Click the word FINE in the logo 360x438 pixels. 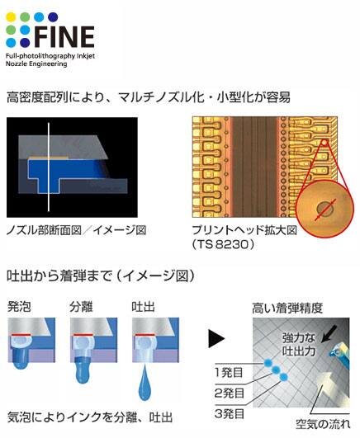(64, 36)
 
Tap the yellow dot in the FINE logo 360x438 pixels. (11, 17)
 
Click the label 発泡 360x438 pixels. (19, 307)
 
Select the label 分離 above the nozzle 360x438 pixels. (81, 307)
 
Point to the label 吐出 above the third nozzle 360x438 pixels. (143, 307)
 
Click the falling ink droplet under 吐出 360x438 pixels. (144, 382)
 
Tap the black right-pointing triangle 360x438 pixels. (216, 338)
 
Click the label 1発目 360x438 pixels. (229, 373)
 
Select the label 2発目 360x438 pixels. (230, 393)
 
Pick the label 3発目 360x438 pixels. (230, 414)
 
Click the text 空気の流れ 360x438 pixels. (323, 424)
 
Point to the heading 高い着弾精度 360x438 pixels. (287, 308)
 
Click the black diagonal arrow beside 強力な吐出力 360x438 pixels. (329, 334)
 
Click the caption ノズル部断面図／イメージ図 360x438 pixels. (76, 230)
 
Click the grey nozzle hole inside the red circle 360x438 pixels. (324, 209)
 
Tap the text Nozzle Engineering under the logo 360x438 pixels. (36, 64)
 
